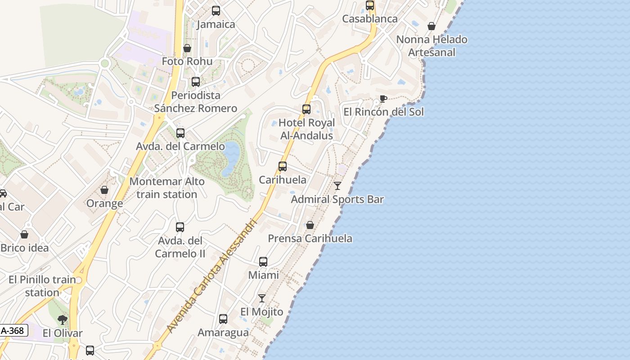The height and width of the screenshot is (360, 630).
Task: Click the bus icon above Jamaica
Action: point(216,11)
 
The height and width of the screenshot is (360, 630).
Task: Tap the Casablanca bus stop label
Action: point(370,19)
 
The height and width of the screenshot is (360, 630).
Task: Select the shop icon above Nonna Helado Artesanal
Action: point(432,26)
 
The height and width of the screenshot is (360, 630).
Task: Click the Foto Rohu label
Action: point(187,61)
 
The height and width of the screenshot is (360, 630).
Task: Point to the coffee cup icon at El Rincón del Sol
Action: point(383,99)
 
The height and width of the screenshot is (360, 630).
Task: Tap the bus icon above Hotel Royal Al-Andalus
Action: point(306,109)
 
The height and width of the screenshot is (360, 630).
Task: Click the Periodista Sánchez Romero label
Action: point(196,102)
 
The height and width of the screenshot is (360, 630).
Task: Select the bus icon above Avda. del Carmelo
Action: point(180,133)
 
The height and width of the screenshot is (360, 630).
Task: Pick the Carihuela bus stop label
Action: point(283,180)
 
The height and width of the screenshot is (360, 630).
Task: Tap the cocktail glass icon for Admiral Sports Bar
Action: point(337,186)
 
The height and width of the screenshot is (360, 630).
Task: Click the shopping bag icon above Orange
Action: point(104,190)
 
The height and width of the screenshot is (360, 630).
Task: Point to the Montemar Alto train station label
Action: point(167,188)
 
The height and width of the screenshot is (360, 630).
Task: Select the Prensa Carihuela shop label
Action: point(310,238)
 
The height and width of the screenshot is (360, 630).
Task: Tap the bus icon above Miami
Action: point(263,262)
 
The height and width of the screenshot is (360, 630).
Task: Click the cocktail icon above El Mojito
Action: point(262,298)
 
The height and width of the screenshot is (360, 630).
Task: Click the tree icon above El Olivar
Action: point(63,320)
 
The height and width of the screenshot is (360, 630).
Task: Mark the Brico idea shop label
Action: point(25,248)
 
